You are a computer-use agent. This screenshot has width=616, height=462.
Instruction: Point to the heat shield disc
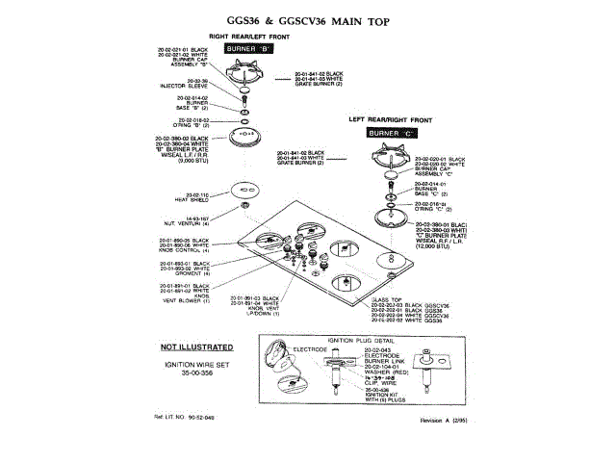click(246, 204)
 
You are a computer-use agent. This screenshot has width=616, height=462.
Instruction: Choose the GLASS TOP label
click(400, 299)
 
